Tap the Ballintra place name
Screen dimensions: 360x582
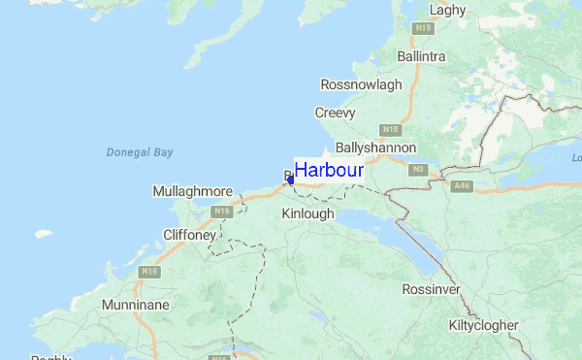421,56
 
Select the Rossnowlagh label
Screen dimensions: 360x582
361,84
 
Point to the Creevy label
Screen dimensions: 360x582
335,113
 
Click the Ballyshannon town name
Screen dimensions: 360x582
375,147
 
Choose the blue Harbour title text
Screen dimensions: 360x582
329,170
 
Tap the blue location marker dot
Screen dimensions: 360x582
291,180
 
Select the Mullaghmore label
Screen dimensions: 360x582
193,191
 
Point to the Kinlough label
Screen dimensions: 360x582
307,213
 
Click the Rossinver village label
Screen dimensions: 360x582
431,290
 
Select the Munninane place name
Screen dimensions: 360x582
136,305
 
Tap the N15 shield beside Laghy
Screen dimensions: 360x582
422,29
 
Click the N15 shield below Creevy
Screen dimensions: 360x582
390,129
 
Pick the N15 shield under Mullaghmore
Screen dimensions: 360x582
222,211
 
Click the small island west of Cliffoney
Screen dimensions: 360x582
43,234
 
